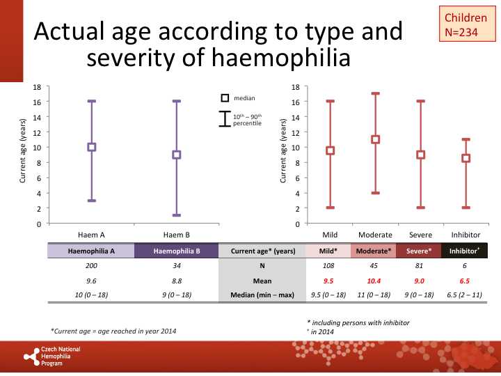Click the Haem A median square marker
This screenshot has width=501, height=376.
(x=91, y=147)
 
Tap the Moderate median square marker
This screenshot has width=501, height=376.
(x=376, y=139)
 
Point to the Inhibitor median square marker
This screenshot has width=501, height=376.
(x=466, y=158)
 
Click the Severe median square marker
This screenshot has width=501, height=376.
(x=421, y=155)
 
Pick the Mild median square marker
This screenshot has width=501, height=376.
(x=331, y=150)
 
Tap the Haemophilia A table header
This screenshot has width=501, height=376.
(x=91, y=251)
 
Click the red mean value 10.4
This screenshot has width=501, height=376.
(x=374, y=280)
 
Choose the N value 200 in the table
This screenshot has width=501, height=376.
(x=91, y=265)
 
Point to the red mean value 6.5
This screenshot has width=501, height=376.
(x=466, y=280)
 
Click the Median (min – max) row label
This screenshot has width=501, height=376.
(x=263, y=295)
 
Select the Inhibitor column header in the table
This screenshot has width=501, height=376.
(x=466, y=251)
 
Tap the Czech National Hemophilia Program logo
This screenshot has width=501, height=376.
(x=52, y=355)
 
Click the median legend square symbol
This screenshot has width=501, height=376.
(x=225, y=98)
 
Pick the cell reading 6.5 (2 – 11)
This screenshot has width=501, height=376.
(x=466, y=295)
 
